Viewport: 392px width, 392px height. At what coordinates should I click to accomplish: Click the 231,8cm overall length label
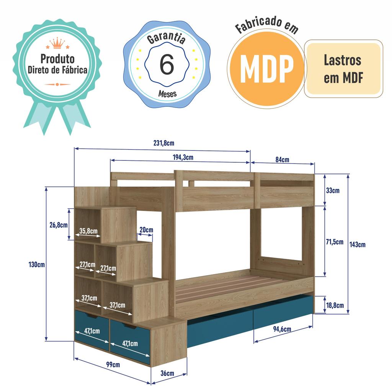click(164, 144)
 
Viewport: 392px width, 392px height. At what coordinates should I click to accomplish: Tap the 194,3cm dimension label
click(183, 157)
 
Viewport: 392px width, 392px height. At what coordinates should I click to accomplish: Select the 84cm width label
click(282, 160)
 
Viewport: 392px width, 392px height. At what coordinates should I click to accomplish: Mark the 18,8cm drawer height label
click(335, 305)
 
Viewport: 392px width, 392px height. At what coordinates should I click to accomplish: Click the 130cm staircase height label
click(37, 265)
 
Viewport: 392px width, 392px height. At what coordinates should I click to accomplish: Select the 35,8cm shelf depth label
click(88, 231)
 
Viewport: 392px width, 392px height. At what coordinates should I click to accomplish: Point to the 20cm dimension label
click(146, 230)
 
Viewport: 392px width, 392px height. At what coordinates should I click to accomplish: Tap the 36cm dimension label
click(167, 373)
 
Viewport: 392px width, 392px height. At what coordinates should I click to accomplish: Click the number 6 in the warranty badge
click(167, 65)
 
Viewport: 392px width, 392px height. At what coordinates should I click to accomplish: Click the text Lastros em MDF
click(343, 69)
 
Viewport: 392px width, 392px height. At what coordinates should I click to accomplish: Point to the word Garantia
click(167, 39)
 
